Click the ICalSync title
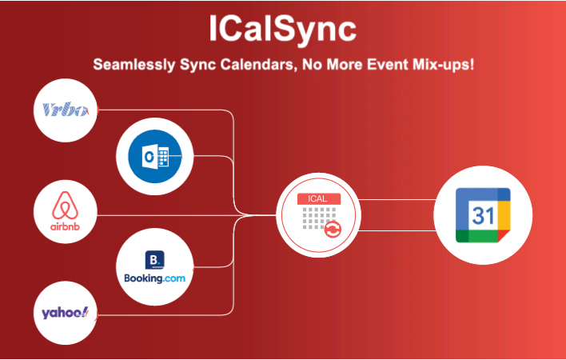[x=282, y=29]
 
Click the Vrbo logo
[x=65, y=110]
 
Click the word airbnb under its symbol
[x=65, y=226]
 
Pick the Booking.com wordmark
[x=155, y=278]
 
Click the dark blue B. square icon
[x=154, y=260]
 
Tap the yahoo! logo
[x=65, y=312]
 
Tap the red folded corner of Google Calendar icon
[x=504, y=235]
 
